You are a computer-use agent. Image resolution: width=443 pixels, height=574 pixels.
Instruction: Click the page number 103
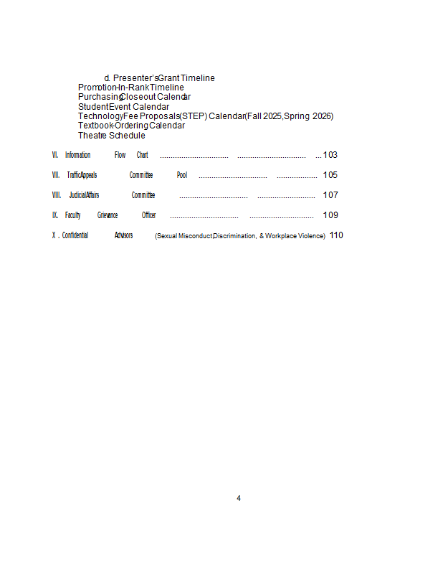click(330, 155)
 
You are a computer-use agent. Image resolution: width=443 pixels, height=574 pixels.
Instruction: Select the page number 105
click(330, 175)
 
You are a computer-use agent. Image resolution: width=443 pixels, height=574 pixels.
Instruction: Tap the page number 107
click(330, 195)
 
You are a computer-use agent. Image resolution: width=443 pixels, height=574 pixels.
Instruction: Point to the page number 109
click(330, 215)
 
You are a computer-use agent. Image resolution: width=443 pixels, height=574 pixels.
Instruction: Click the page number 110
click(336, 235)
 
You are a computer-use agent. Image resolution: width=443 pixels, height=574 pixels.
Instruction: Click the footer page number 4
click(239, 498)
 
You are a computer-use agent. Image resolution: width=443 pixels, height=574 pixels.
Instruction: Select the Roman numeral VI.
click(55, 155)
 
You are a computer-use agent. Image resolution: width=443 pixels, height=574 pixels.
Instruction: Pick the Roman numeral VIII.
click(57, 195)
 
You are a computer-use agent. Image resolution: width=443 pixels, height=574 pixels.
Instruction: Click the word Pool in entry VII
click(182, 175)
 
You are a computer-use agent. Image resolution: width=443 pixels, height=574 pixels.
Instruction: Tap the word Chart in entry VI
click(143, 155)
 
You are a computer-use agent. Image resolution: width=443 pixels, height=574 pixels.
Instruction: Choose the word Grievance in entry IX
click(108, 215)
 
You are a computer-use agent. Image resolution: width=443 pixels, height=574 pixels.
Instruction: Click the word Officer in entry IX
click(148, 215)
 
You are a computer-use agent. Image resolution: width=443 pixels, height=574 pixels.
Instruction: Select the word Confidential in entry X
click(75, 235)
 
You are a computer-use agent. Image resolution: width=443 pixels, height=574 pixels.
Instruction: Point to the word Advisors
click(123, 235)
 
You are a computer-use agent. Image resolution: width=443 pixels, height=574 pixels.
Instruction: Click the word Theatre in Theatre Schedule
click(92, 136)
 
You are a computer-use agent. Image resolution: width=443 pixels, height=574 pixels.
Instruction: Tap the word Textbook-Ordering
click(113, 126)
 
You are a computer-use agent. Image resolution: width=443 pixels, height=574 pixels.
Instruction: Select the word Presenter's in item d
click(135, 78)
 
